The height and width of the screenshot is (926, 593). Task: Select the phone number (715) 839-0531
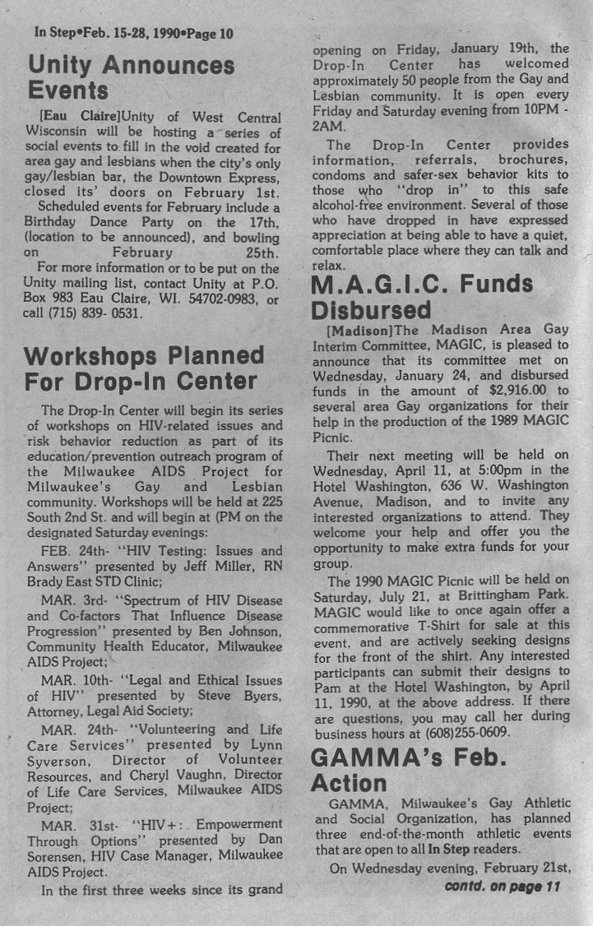click(x=95, y=313)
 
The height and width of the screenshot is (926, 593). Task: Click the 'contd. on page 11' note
click(x=502, y=887)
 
